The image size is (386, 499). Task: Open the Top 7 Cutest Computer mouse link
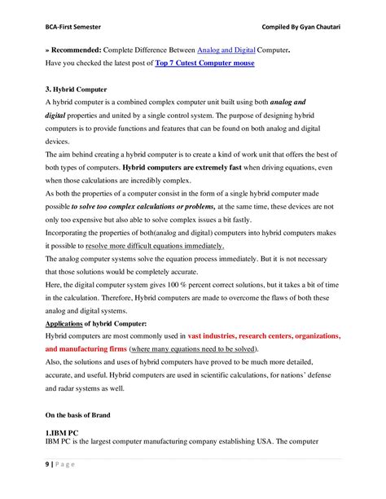tap(204, 63)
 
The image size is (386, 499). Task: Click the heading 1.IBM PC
tap(63, 433)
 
